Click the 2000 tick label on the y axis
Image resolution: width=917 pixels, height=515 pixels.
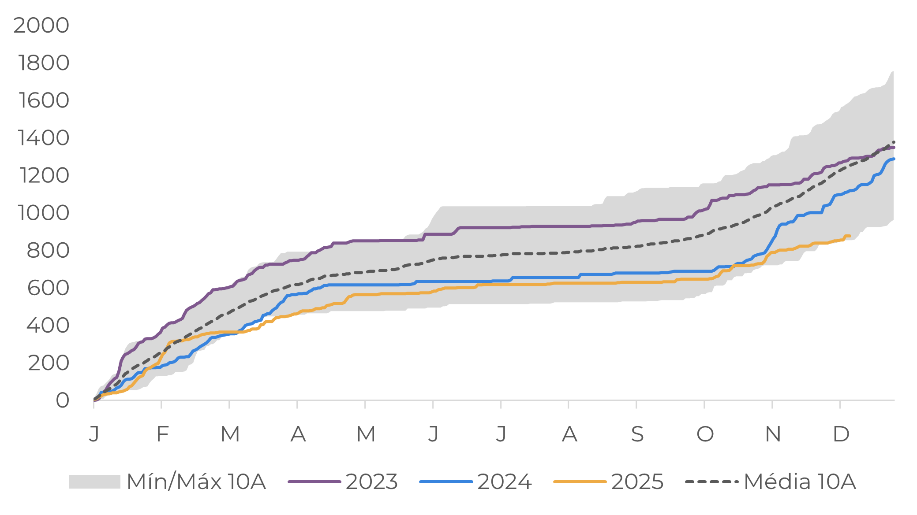[41, 25]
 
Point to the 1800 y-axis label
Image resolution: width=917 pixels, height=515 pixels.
[44, 63]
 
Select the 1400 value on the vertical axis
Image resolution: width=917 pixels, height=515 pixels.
[44, 137]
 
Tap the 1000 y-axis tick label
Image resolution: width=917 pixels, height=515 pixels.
[44, 213]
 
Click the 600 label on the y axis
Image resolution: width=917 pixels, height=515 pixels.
[48, 288]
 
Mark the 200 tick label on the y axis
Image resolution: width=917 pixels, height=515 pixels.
[49, 363]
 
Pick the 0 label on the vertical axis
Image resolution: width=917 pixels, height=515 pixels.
[62, 400]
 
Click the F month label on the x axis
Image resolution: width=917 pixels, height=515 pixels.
[162, 434]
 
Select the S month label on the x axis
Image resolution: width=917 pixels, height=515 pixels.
[637, 434]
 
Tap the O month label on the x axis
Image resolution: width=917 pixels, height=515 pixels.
[705, 434]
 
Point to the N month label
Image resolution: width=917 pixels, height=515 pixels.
[773, 434]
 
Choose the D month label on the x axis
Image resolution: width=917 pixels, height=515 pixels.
[841, 434]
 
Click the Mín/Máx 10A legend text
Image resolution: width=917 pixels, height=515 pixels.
[196, 482]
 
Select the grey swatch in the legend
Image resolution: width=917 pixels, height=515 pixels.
[94, 482]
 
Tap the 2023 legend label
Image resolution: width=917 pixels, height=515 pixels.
[372, 482]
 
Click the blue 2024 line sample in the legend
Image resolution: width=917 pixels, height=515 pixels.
[445, 482]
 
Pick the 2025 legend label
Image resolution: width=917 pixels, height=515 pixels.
[637, 482]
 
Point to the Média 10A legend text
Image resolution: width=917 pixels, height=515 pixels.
[800, 482]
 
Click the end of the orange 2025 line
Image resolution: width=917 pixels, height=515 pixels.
[850, 236]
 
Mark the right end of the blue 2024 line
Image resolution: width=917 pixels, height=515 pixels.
[894, 159]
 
